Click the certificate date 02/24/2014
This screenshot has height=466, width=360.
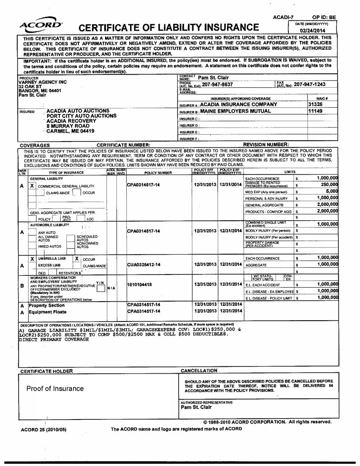pos(314,31)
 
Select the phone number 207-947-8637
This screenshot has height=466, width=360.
pos(217,85)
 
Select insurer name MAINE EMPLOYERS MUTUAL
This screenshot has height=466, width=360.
pos(238,111)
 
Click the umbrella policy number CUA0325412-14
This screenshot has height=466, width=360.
pos(144,264)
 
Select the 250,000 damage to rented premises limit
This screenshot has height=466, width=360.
pos(329,185)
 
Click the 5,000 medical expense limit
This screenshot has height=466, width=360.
pos(332,191)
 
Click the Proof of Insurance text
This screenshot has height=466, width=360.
pos(55,388)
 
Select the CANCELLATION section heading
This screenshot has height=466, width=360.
pos(199,371)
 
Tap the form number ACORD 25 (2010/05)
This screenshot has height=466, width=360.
pos(44,430)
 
